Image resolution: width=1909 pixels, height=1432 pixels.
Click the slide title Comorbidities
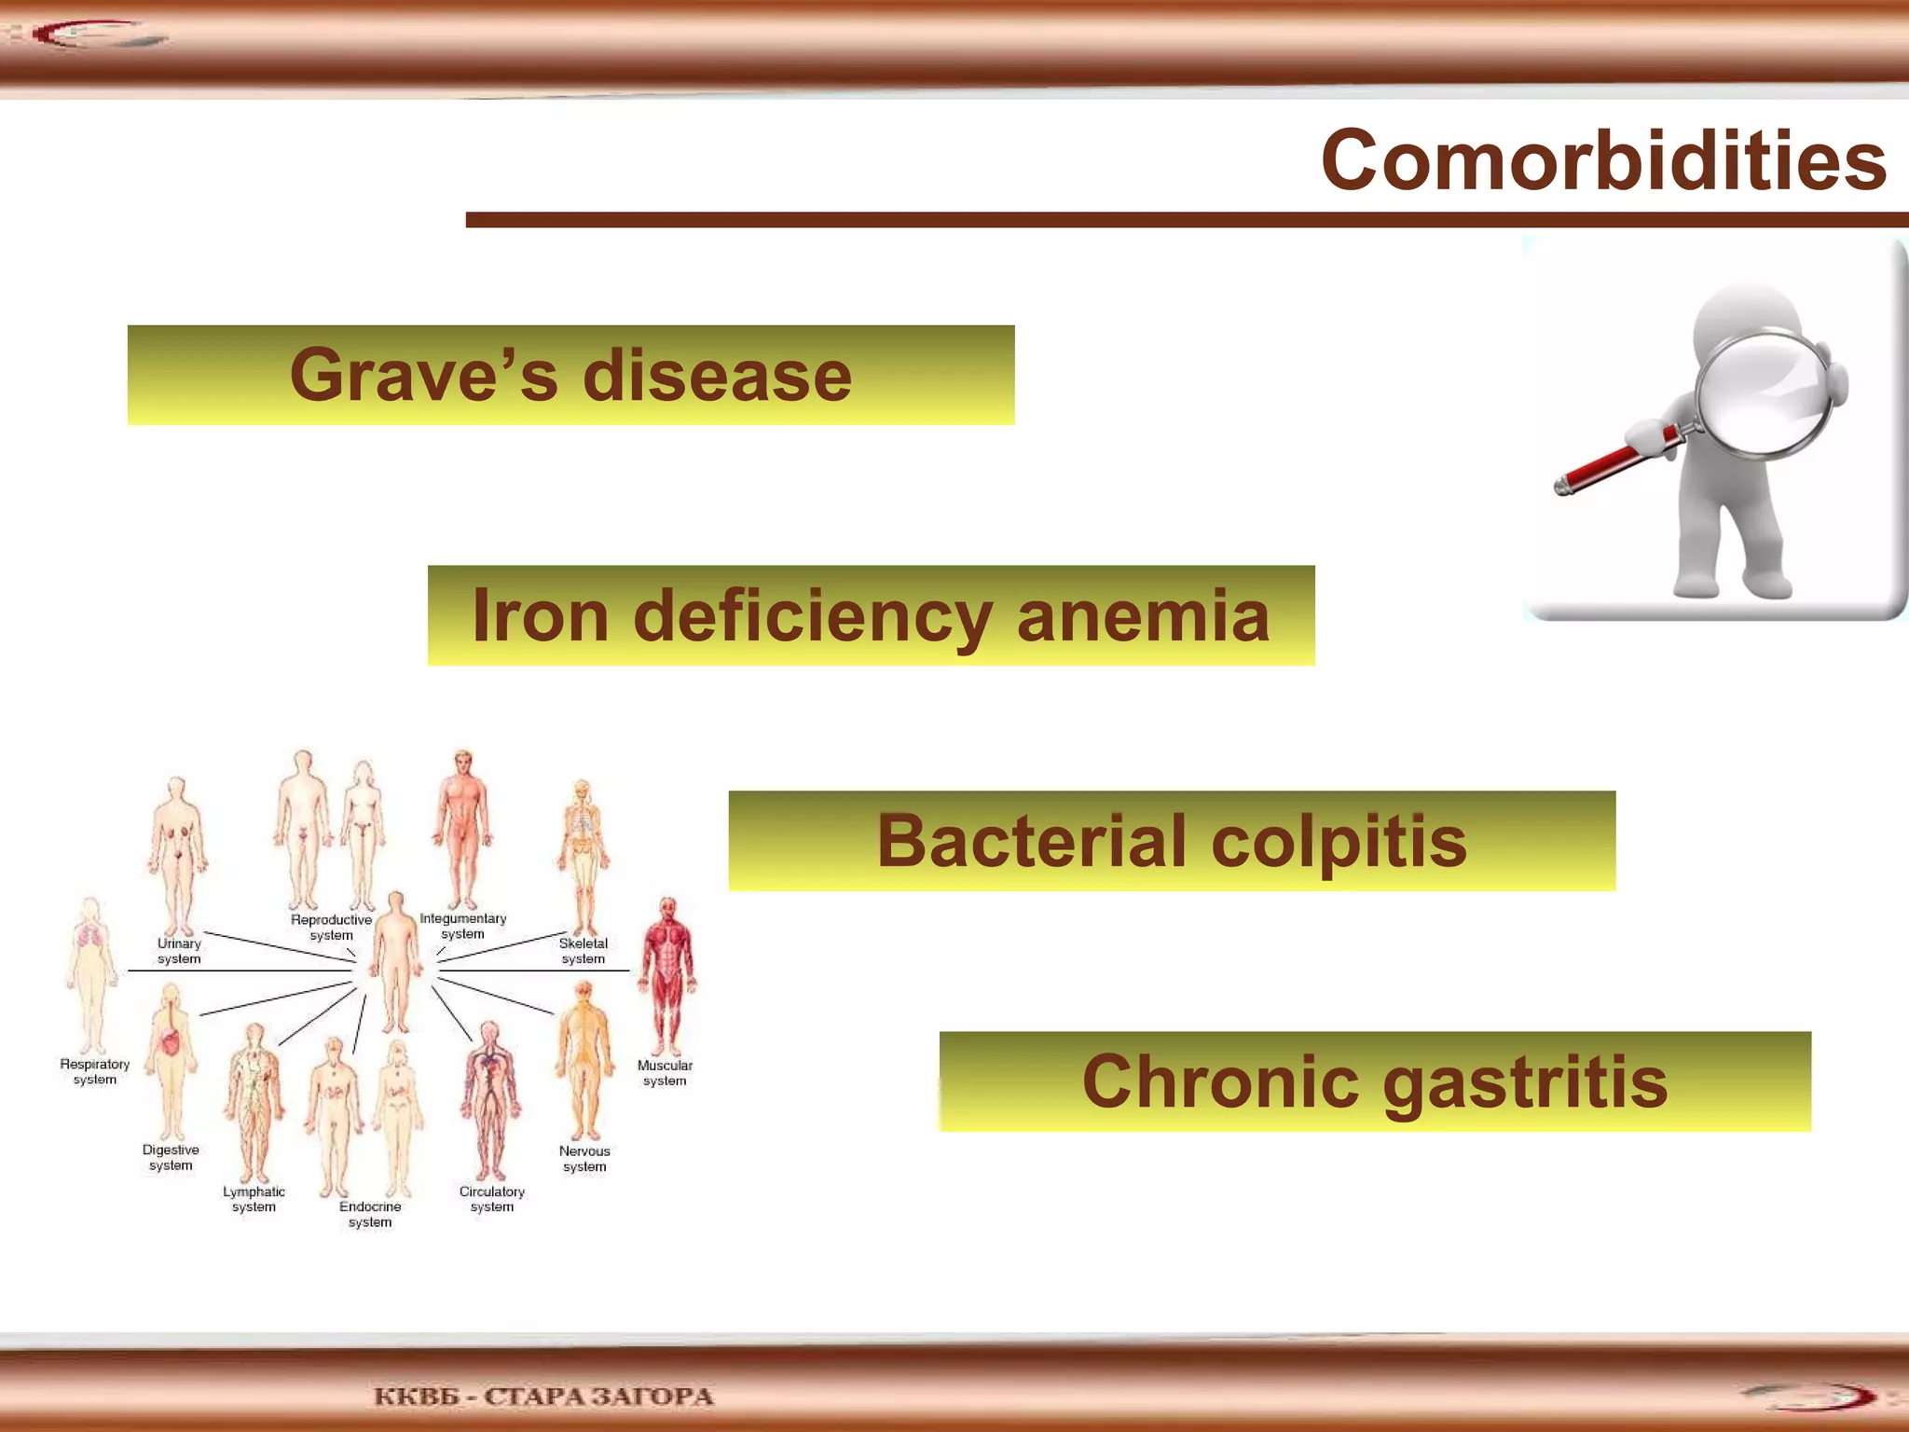[1603, 160]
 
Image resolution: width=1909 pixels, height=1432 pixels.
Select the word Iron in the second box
[540, 616]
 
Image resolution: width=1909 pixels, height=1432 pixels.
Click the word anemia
[1143, 616]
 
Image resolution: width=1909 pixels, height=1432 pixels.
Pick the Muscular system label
[665, 1073]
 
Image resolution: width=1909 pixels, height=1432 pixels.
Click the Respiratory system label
[94, 1072]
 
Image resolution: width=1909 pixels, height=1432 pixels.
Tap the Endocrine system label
[370, 1214]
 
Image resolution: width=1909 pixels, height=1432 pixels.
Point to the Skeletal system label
[583, 951]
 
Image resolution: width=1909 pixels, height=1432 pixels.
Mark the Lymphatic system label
[254, 1199]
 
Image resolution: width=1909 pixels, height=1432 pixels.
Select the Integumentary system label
[462, 926]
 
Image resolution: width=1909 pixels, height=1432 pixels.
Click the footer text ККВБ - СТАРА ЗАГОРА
[543, 1397]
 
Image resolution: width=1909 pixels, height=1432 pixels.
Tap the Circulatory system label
[491, 1199]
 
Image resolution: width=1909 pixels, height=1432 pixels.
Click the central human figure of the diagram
[396, 960]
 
